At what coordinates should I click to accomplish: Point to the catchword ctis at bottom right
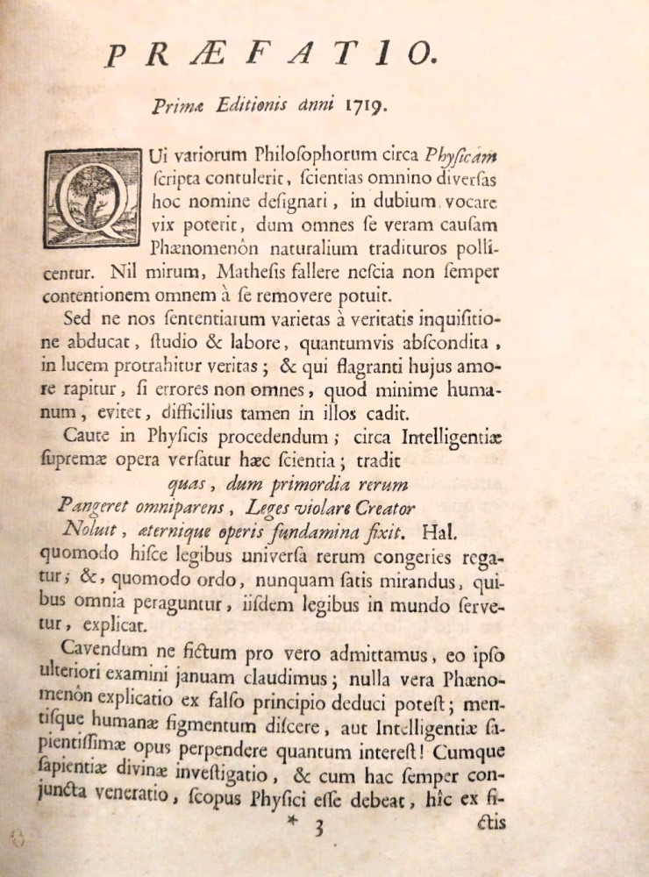pos(488,824)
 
